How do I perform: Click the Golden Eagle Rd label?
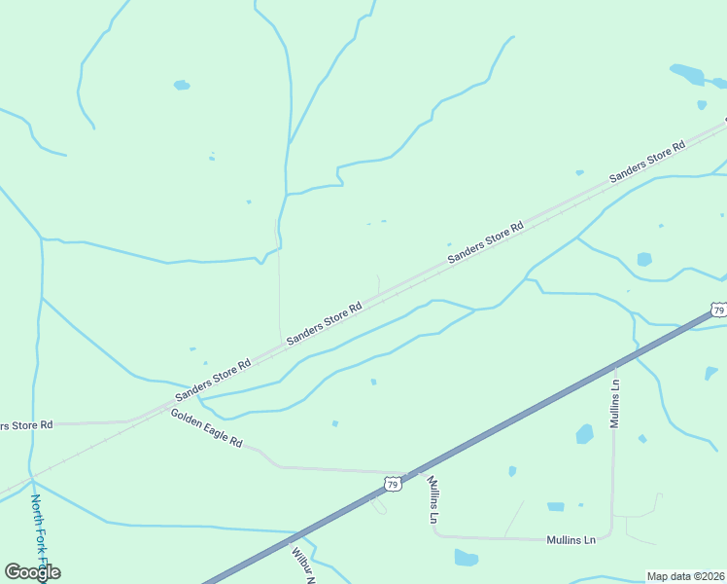pyautogui.click(x=206, y=428)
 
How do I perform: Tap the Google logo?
pyautogui.click(x=32, y=572)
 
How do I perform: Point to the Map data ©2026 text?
pyautogui.click(x=685, y=576)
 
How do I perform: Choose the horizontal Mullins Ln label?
pyautogui.click(x=571, y=539)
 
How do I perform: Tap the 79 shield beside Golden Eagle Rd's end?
pyautogui.click(x=393, y=483)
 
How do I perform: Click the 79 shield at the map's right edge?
pyautogui.click(x=718, y=310)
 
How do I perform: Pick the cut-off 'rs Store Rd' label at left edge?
pyautogui.click(x=26, y=425)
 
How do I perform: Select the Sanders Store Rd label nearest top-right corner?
pyautogui.click(x=647, y=162)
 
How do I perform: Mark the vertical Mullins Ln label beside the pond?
pyautogui.click(x=614, y=403)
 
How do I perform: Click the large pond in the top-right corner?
pyautogui.click(x=687, y=74)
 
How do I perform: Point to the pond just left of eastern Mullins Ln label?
pyautogui.click(x=584, y=434)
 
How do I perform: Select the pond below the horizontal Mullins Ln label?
pyautogui.click(x=466, y=558)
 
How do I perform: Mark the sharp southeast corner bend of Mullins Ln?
pyautogui.click(x=610, y=534)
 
